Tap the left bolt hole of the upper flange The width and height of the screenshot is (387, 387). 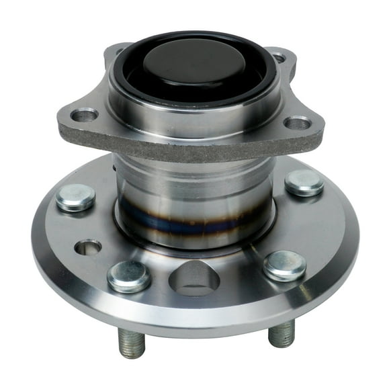pyautogui.click(x=84, y=116)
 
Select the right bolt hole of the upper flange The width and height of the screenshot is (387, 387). pyautogui.click(x=298, y=124)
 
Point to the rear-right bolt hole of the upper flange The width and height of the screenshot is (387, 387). pyautogui.click(x=277, y=57)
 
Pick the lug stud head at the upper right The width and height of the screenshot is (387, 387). pyautogui.click(x=304, y=183)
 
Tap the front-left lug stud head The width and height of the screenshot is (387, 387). pyautogui.click(x=129, y=275)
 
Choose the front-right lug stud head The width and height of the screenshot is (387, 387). pyautogui.click(x=284, y=265)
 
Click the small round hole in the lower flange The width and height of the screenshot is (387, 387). pyautogui.click(x=88, y=248)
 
